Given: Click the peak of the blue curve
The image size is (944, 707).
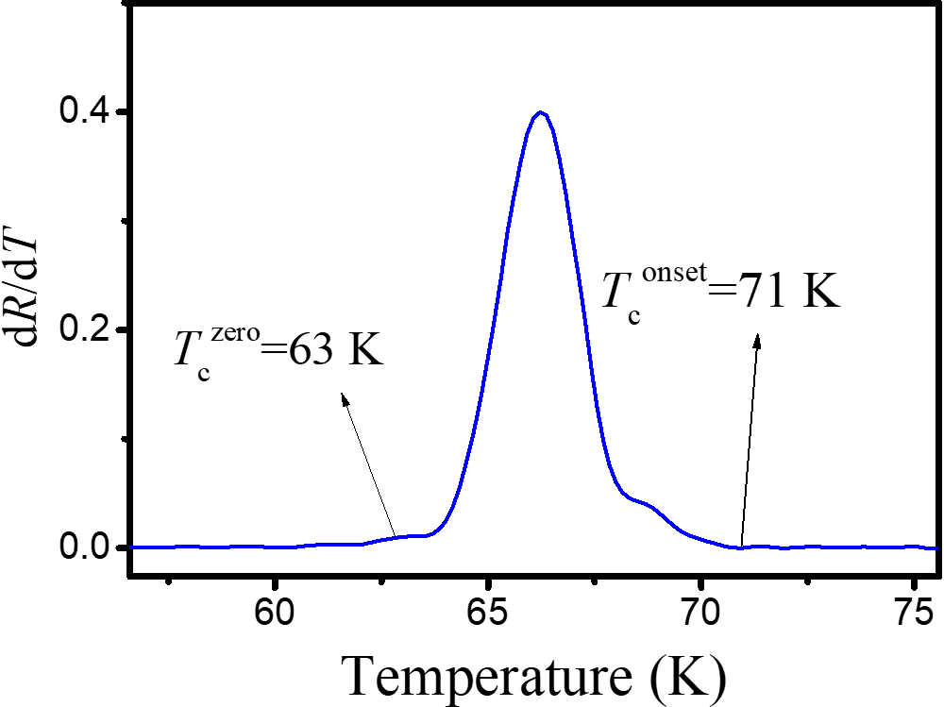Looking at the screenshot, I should [540, 112].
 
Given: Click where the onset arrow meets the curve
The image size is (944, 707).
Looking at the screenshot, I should [741, 547].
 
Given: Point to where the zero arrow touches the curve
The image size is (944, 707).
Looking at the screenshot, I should [396, 536].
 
